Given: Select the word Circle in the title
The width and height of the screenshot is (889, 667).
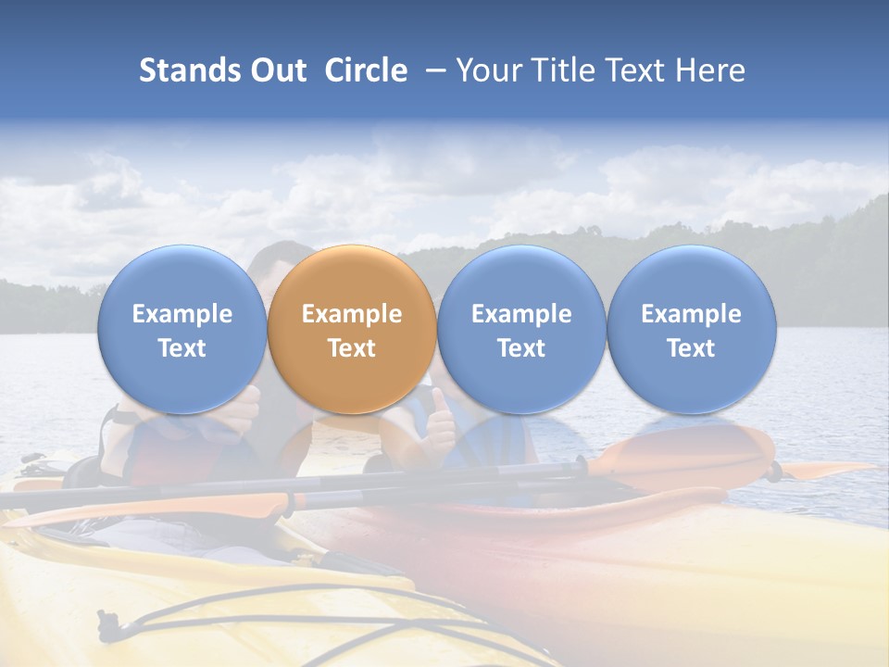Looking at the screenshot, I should (x=366, y=70).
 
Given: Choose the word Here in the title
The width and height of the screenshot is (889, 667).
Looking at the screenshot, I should (x=709, y=70).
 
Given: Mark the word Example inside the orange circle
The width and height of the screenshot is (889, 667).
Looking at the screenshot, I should (x=352, y=314).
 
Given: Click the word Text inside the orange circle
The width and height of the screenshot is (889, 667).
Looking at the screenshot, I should (x=352, y=348).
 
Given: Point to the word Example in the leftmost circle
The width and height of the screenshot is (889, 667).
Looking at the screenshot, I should (x=182, y=314).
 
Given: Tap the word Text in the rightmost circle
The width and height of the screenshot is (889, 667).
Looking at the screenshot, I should (x=692, y=348).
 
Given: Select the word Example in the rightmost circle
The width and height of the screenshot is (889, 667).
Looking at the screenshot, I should (x=692, y=314).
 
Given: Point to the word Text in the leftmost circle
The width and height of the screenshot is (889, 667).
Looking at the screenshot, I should (x=182, y=348).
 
